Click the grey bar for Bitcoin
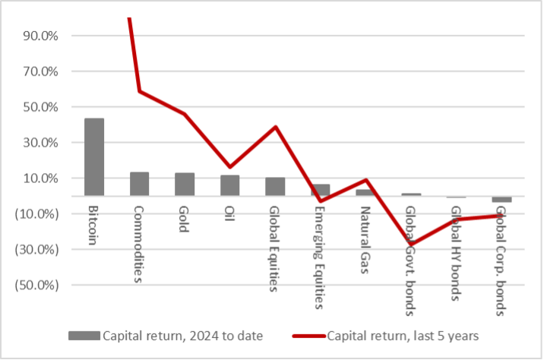click(x=94, y=157)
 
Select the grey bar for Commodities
click(x=139, y=184)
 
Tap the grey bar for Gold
click(x=185, y=185)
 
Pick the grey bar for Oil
click(x=230, y=185)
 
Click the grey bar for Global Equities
click(x=275, y=186)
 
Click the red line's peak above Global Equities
click(x=275, y=127)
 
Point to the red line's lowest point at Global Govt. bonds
click(x=411, y=245)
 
